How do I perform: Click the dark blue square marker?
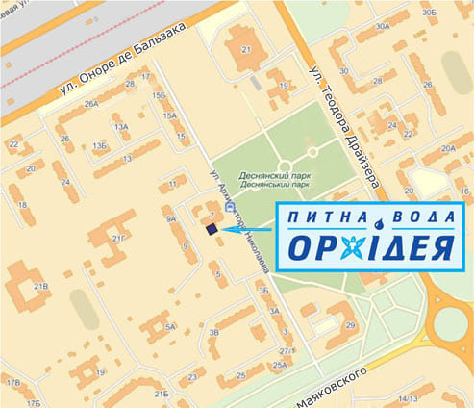(210, 229)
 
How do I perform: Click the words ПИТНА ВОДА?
(368, 218)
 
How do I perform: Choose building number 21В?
(41, 286)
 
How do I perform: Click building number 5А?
(169, 327)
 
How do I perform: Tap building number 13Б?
(100, 145)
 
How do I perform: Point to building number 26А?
(92, 104)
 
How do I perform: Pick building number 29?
(351, 326)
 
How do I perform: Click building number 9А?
(170, 219)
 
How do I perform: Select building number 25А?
(280, 366)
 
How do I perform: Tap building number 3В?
(215, 332)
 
